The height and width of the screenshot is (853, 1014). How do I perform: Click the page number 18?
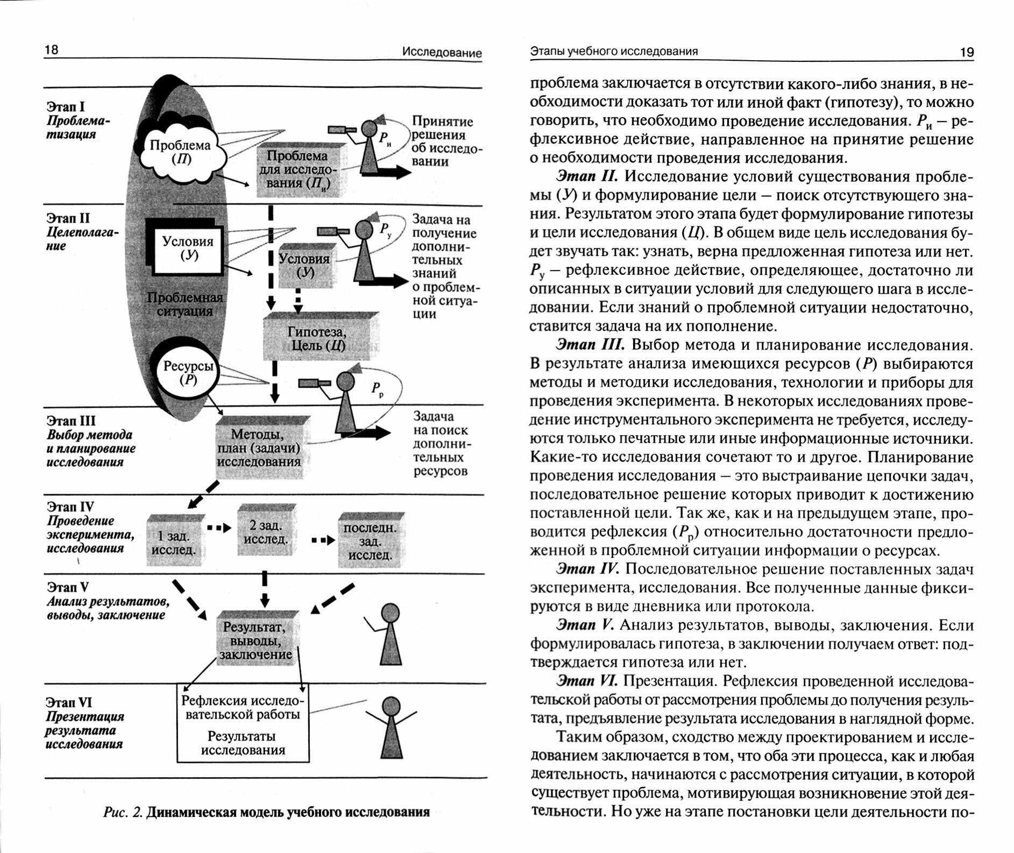click(x=52, y=50)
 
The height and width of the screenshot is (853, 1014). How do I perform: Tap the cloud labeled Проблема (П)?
click(x=180, y=152)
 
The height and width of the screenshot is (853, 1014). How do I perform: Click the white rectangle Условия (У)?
click(x=188, y=248)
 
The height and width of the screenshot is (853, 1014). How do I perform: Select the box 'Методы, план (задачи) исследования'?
click(x=259, y=448)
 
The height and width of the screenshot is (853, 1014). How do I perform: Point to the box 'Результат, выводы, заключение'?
click(x=256, y=641)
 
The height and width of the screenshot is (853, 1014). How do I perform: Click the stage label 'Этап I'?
click(x=65, y=107)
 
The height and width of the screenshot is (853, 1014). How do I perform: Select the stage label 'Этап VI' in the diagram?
click(x=68, y=702)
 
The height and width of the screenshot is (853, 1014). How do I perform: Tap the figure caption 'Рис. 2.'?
click(x=122, y=812)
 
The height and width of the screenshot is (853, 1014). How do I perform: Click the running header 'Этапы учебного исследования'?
click(x=614, y=51)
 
